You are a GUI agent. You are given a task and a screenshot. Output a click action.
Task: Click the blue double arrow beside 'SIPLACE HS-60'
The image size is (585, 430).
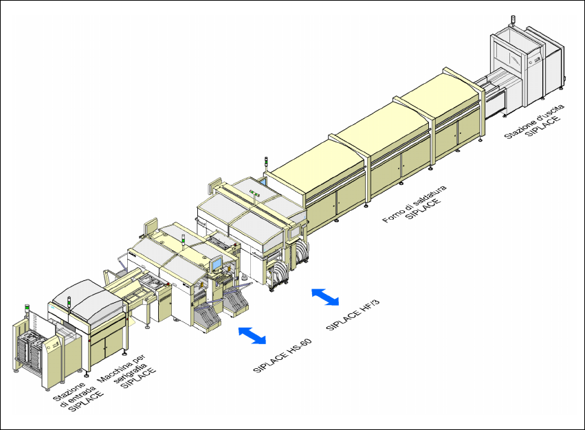click(x=252, y=335)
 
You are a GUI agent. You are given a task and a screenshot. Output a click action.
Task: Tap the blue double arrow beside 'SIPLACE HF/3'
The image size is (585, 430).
click(x=325, y=297)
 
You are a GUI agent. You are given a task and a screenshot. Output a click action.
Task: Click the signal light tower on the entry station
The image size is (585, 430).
click(x=28, y=311)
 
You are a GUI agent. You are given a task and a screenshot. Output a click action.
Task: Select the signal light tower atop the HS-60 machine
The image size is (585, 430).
click(x=183, y=241)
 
